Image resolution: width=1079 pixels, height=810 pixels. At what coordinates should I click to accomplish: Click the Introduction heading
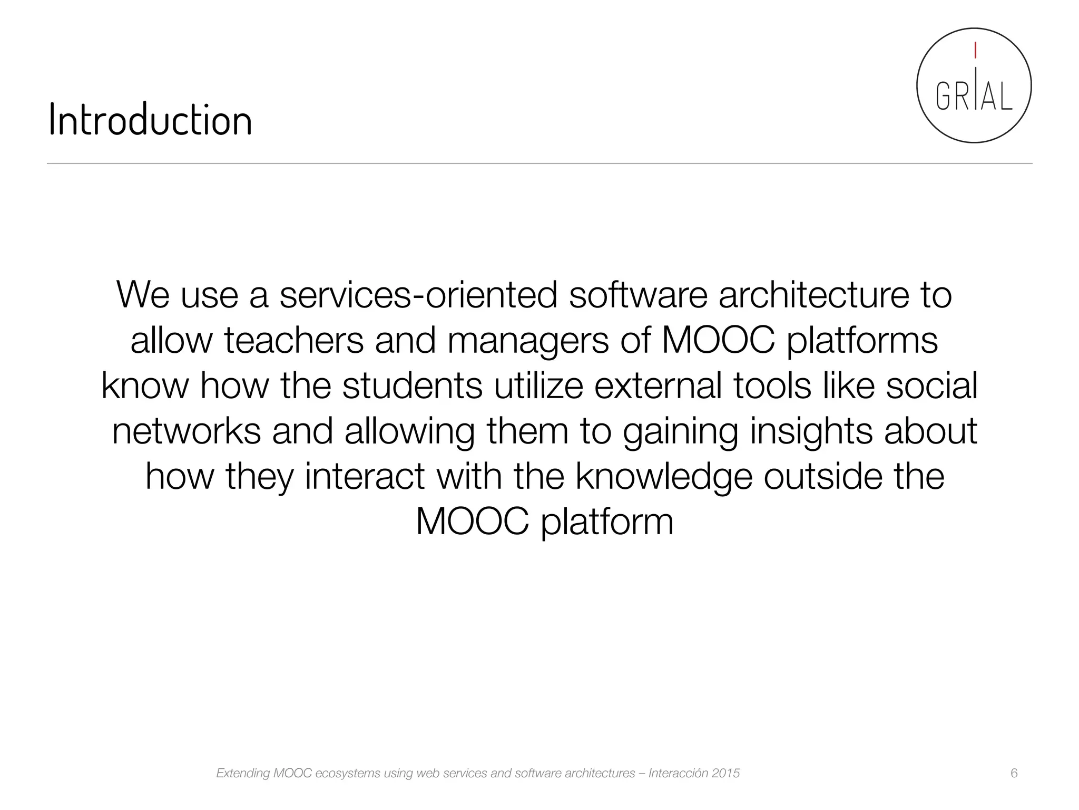point(150,120)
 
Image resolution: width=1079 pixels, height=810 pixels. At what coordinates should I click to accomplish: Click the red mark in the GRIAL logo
point(975,50)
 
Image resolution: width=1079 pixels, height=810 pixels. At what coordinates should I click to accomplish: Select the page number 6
point(1014,773)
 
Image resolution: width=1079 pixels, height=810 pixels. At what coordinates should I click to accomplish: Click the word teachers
point(294,340)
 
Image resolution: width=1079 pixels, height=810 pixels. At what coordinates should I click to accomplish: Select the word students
point(412,385)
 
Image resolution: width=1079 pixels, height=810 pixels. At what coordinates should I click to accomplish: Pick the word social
point(931,385)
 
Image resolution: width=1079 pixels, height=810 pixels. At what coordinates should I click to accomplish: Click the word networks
point(187,431)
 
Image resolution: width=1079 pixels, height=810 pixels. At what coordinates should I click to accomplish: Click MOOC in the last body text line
point(472,522)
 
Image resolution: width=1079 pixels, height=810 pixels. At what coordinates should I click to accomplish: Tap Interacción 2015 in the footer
point(694,773)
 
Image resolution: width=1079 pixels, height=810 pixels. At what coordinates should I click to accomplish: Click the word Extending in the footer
point(243,774)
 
